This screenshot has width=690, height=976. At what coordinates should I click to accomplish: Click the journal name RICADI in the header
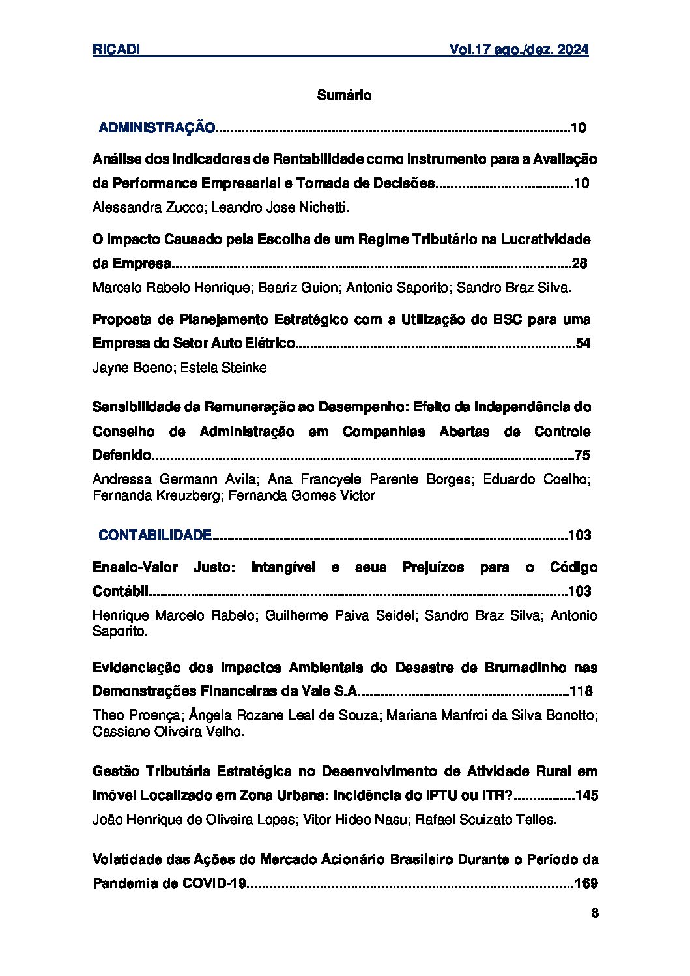117,50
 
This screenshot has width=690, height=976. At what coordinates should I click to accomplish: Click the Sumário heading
344,95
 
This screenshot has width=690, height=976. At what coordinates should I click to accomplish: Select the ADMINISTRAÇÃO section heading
156,128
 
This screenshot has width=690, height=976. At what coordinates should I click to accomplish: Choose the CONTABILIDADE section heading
155,535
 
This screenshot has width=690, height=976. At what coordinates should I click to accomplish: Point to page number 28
579,263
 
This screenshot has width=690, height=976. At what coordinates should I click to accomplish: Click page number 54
583,343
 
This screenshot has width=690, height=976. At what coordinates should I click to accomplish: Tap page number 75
582,455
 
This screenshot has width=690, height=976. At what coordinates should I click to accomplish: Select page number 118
581,691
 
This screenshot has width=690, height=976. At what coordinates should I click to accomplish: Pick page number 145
587,795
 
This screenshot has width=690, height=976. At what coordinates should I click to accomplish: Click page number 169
586,883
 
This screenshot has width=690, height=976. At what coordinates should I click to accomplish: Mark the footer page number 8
594,913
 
